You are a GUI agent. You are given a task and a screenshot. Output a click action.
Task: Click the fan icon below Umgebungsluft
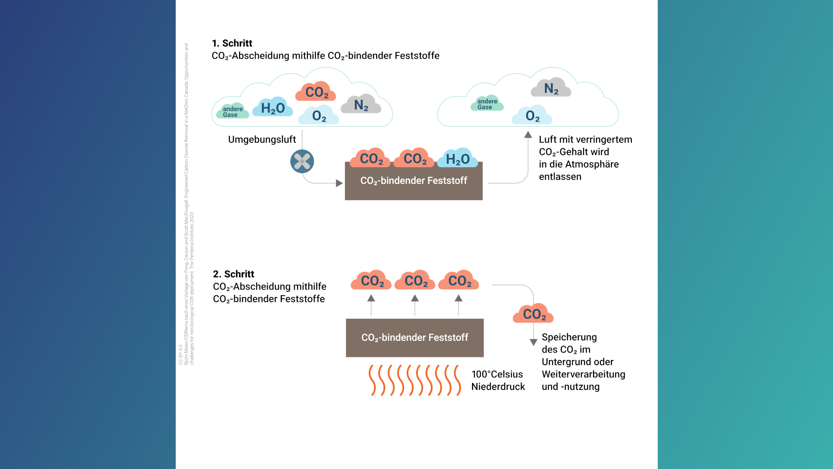302,162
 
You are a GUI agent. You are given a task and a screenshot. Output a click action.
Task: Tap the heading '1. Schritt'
232,43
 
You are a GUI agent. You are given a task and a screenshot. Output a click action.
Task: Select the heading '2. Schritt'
233,274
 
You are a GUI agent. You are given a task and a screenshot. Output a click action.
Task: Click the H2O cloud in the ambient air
272,108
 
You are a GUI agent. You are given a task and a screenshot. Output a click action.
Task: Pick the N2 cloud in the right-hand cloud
551,88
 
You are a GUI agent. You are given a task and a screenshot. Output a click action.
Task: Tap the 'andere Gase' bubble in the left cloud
233,112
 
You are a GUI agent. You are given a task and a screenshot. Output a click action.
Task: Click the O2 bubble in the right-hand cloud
532,116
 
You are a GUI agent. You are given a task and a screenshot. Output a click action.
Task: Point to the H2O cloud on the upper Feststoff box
458,159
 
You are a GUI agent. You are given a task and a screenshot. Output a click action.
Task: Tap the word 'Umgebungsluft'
262,139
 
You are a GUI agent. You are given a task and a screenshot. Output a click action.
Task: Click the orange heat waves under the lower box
414,380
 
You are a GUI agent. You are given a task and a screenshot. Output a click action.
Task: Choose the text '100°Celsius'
497,374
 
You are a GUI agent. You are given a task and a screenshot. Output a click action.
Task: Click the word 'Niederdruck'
498,386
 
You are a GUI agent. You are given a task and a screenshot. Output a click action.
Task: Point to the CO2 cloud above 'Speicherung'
533,314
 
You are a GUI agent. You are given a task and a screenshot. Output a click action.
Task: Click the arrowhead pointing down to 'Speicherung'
534,342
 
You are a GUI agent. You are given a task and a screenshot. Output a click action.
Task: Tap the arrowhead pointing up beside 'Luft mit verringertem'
528,135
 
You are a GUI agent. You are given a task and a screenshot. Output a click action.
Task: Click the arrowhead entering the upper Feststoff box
339,183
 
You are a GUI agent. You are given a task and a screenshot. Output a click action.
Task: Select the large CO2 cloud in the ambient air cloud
316,92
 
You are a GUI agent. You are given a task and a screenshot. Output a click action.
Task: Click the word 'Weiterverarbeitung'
583,374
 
